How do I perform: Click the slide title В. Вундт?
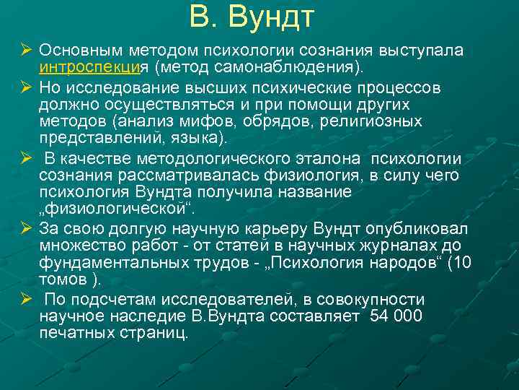252,17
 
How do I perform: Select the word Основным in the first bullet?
82,51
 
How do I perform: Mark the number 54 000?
396,317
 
